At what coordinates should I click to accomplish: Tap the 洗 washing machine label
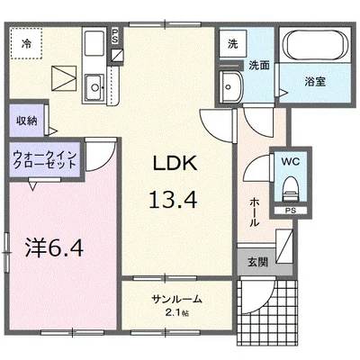point(232,43)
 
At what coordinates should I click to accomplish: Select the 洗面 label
point(259,64)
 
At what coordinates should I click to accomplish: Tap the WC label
point(290,163)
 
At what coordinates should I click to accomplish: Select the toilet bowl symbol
point(290,187)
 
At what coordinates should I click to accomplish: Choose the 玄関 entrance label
point(257,262)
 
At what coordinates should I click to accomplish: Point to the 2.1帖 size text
point(177,312)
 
